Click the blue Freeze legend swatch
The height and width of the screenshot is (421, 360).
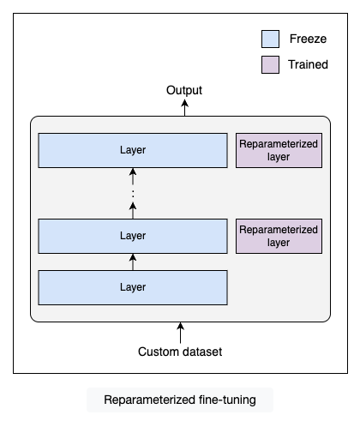point(270,39)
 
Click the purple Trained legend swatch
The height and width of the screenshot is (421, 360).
point(270,64)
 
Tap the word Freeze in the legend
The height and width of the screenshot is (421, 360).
point(308,39)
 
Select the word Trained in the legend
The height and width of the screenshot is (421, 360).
point(308,64)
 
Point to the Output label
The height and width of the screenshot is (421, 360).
point(184,90)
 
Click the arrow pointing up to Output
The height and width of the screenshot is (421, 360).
point(184,107)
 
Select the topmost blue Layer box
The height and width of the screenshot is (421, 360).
point(133,150)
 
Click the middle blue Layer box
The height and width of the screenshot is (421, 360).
point(133,236)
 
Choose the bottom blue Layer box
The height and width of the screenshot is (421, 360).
point(133,287)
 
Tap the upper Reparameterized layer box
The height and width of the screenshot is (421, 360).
point(279,150)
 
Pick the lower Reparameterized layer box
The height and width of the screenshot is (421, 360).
point(279,236)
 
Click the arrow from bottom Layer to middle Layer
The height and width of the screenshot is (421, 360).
point(133,262)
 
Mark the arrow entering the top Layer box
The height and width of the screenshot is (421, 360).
point(133,177)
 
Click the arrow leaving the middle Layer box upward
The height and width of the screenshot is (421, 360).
point(133,211)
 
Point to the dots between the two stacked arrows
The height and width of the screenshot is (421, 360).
point(133,194)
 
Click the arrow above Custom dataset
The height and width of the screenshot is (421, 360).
point(180,333)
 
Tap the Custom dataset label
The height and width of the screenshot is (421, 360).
point(180,352)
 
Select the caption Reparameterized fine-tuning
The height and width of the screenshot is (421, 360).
point(180,400)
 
